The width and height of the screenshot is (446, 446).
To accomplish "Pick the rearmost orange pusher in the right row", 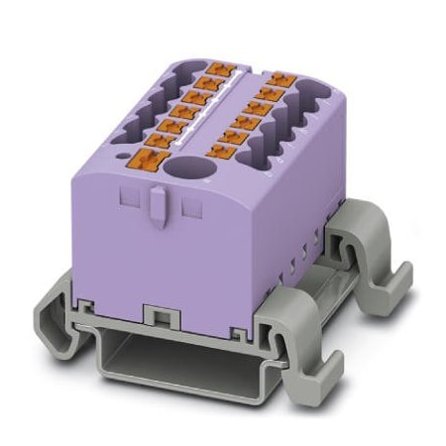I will pos(283,78).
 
